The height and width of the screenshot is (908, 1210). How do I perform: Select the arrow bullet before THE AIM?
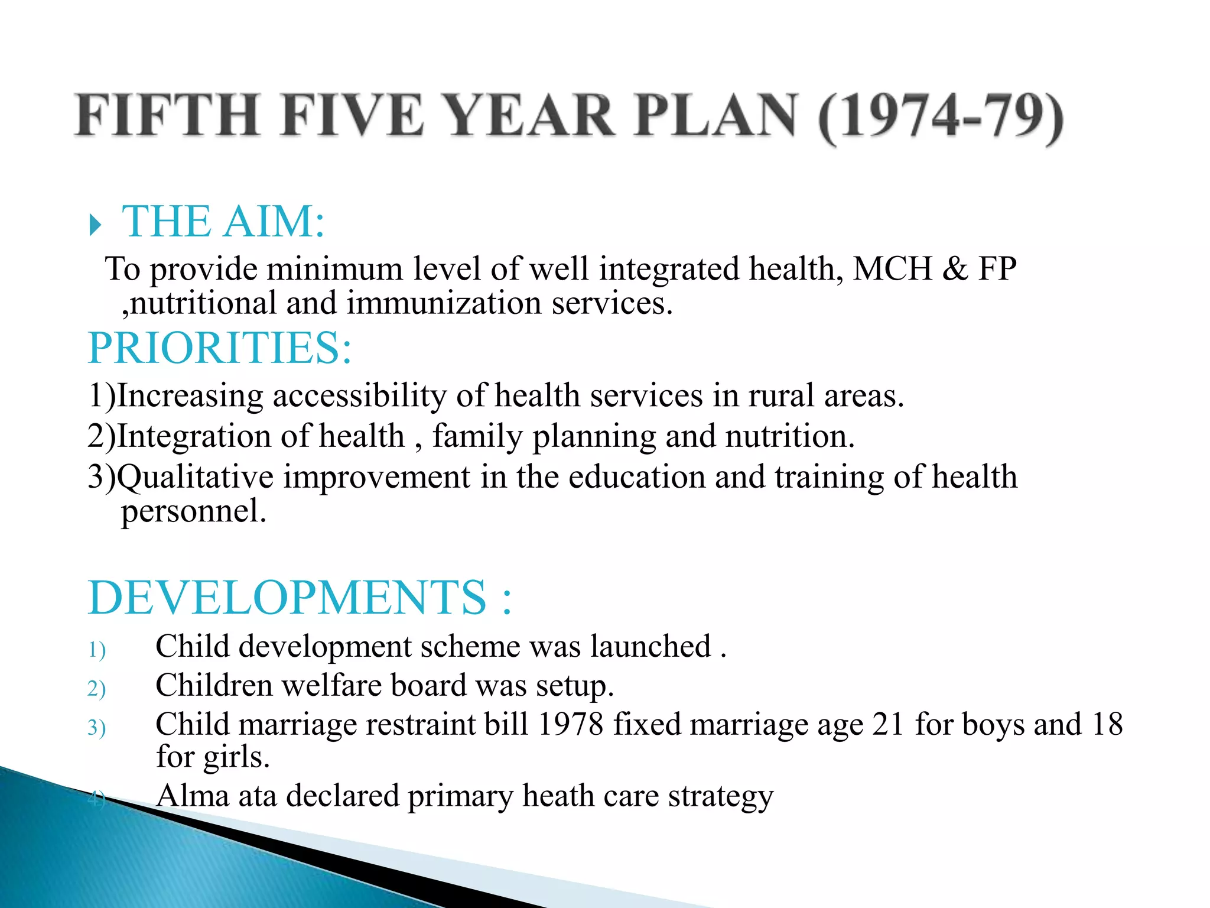tap(95, 225)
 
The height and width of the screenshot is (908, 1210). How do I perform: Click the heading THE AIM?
tap(223, 222)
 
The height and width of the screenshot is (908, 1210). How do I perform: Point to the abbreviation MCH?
tap(893, 268)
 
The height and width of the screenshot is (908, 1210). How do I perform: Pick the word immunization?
tap(444, 303)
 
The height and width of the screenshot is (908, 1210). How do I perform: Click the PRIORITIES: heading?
tap(220, 348)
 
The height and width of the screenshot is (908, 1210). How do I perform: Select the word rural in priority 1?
tap(781, 395)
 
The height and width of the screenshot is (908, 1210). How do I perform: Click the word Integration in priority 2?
tap(194, 436)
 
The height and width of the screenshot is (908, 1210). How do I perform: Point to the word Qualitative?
tap(196, 477)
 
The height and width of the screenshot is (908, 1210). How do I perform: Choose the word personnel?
tap(194, 511)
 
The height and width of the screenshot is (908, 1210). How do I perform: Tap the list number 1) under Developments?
tap(96, 650)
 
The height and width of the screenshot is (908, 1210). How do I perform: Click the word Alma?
tap(193, 796)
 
